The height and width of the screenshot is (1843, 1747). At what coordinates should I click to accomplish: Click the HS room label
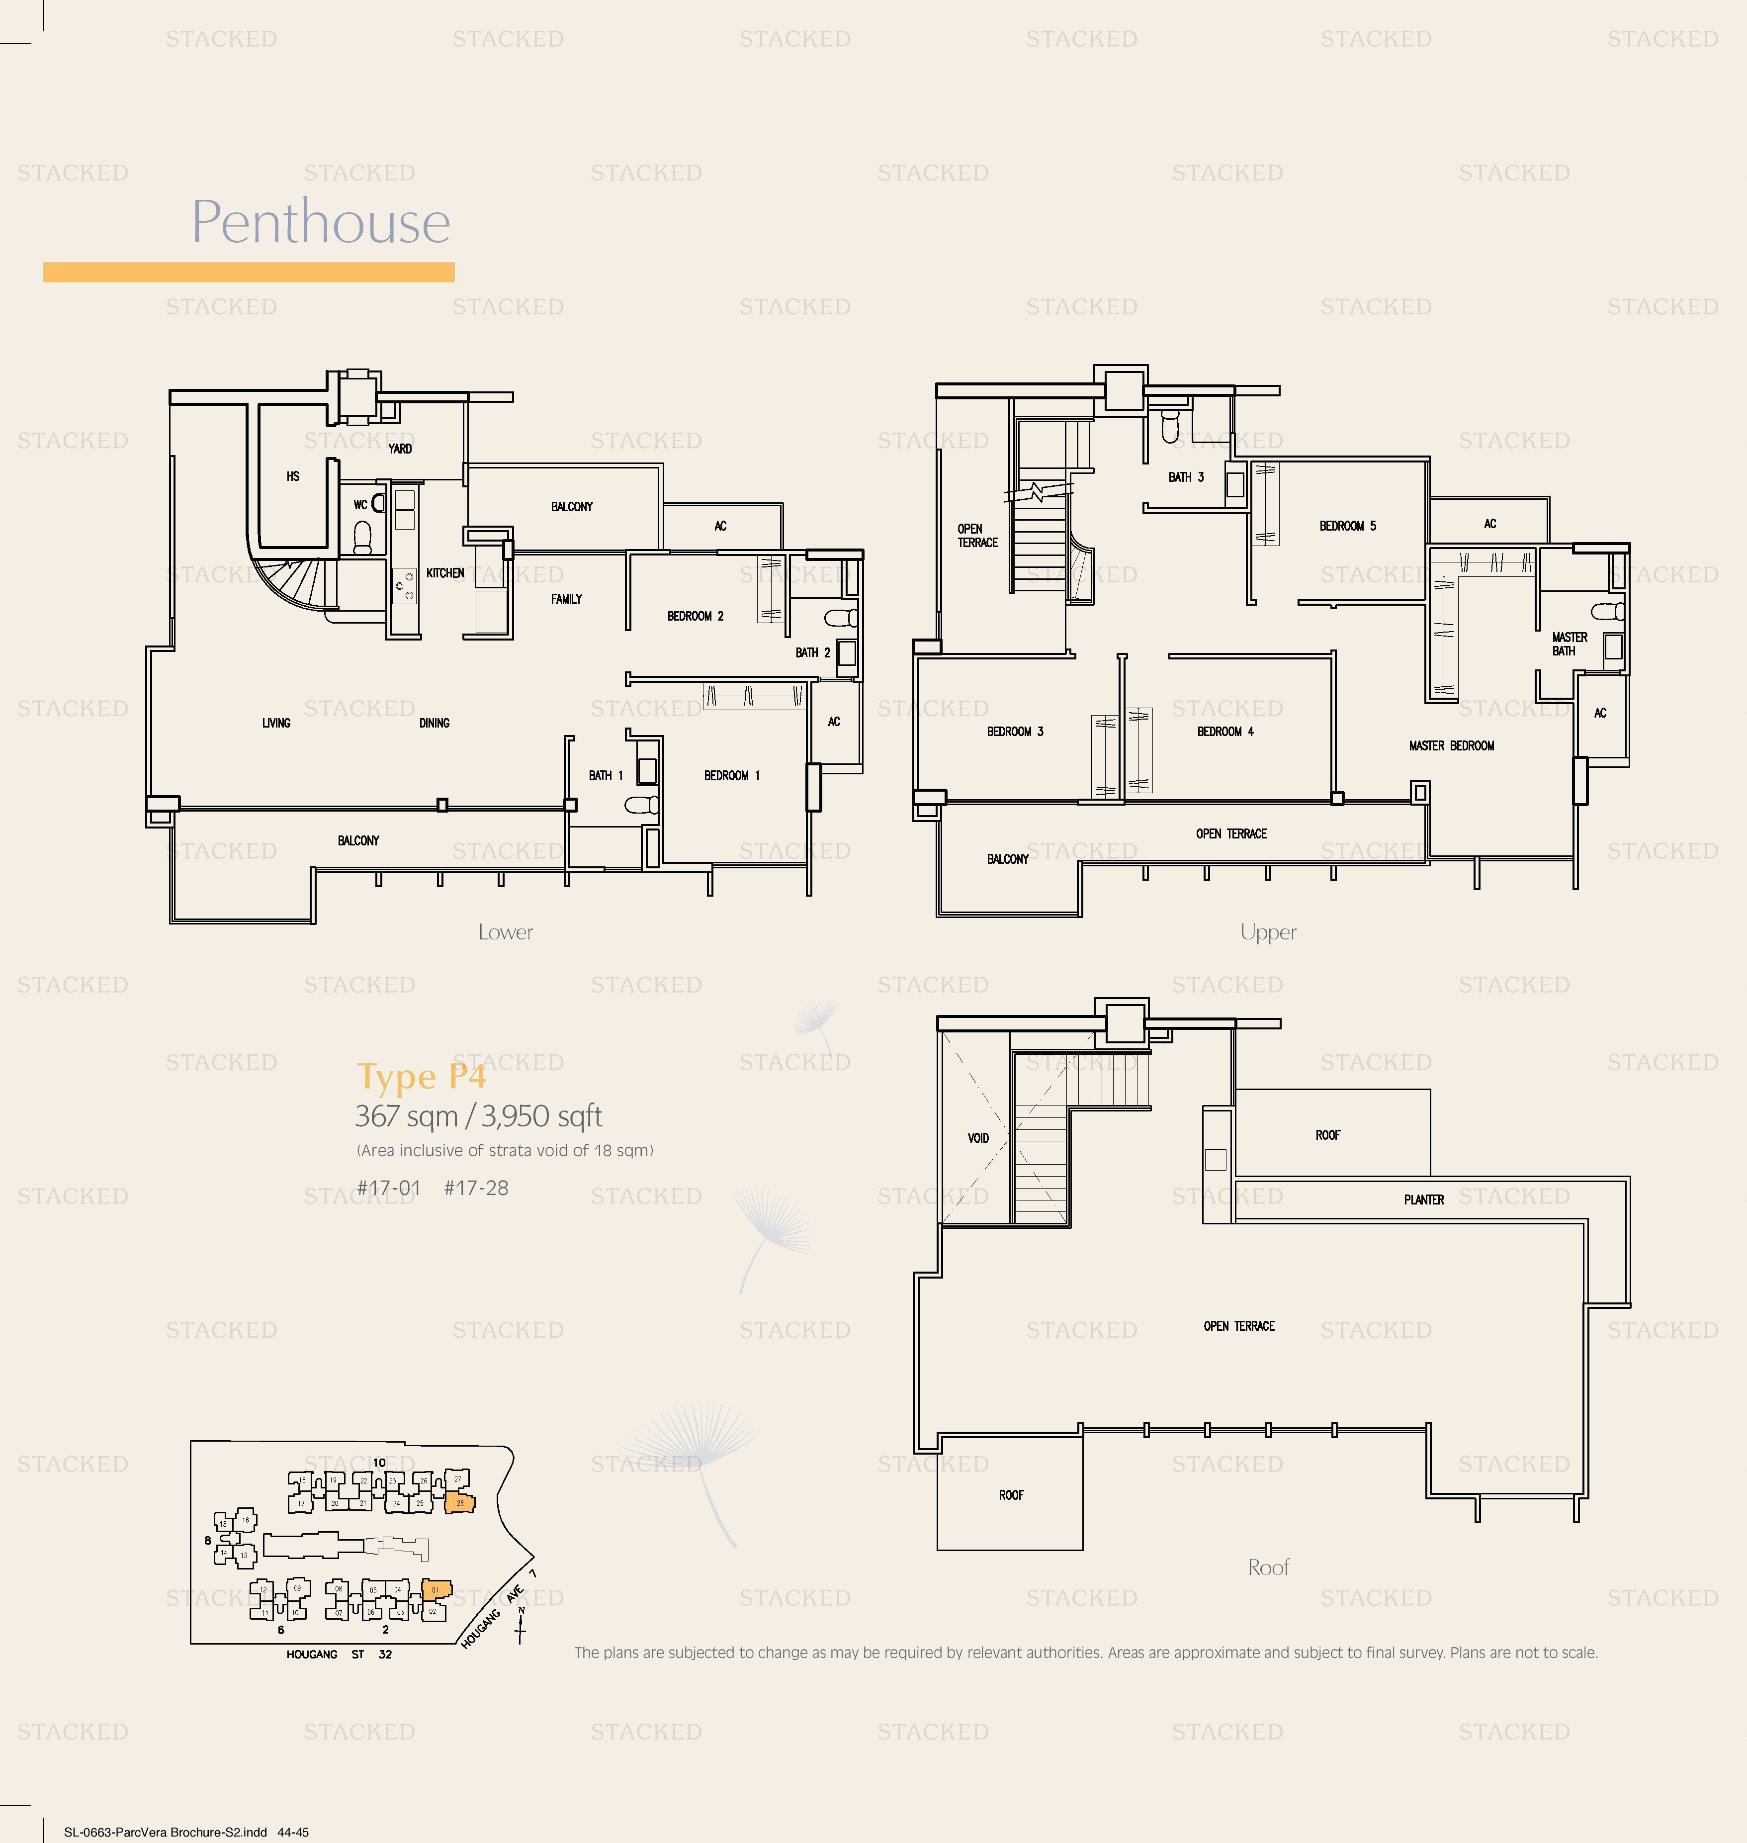click(292, 476)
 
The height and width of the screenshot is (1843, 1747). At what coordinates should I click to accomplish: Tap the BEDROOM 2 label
click(695, 616)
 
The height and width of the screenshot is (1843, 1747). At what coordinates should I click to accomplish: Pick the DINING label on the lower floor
click(434, 723)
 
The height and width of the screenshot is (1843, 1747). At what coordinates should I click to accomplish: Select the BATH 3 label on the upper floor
click(1185, 477)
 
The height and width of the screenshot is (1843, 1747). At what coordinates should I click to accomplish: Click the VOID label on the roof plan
click(978, 1138)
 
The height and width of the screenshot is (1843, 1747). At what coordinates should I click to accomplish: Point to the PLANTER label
click(1423, 1199)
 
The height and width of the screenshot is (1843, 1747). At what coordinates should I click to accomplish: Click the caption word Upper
click(1267, 932)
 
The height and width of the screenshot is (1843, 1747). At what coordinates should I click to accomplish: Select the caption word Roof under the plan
click(1267, 1567)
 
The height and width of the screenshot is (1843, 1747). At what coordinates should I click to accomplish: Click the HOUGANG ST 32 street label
click(339, 1654)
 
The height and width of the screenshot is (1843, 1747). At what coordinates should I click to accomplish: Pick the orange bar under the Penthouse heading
click(249, 272)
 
